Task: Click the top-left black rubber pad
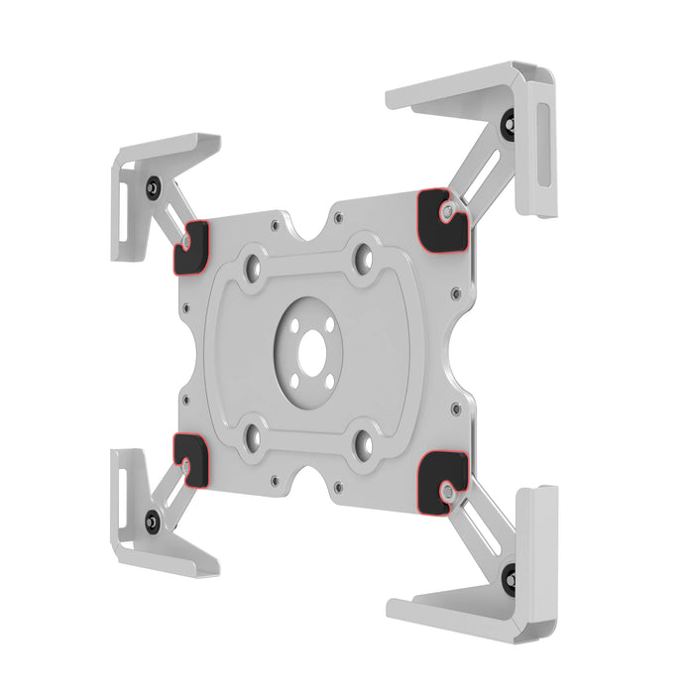191,249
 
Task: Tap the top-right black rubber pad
442,221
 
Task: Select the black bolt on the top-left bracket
153,185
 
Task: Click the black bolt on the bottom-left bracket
152,519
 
